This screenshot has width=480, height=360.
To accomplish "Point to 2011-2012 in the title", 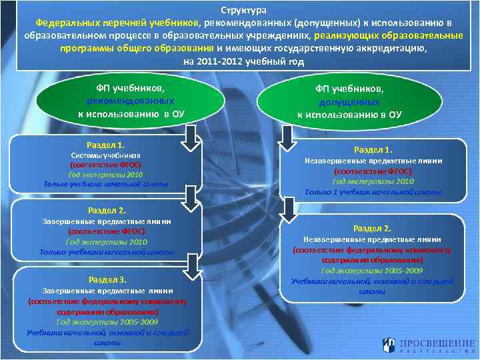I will (x=217, y=61).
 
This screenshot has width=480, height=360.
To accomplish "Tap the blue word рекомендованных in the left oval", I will (x=131, y=101).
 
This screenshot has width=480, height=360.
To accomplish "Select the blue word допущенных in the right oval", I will (x=349, y=101).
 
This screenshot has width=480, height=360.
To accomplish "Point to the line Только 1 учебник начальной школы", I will (x=373, y=192).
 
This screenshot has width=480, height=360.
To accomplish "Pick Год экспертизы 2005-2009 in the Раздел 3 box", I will (x=107, y=321).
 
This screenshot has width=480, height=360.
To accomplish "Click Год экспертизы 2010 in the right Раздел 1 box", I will (x=373, y=181).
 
